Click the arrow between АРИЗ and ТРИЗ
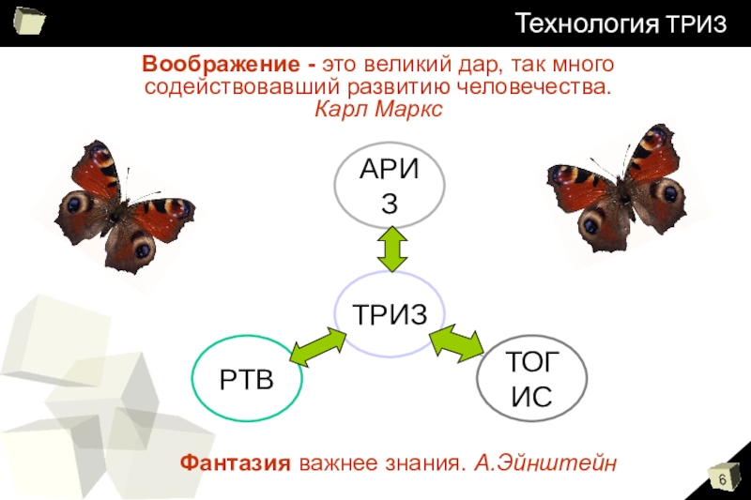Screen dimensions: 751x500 (390, 250)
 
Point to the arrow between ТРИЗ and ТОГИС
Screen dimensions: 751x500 (454, 343)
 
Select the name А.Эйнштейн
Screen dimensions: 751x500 (545, 462)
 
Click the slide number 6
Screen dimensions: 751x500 (723, 480)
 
